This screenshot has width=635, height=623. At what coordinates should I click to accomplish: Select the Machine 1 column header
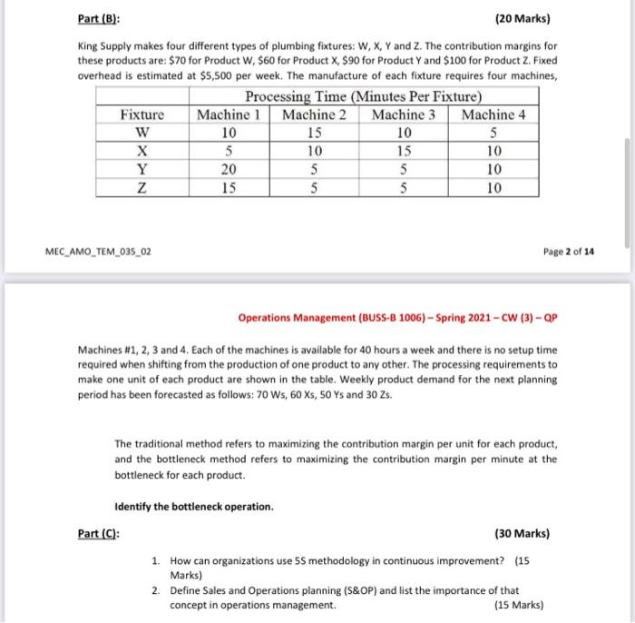(x=229, y=114)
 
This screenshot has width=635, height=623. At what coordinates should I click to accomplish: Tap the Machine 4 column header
(x=493, y=114)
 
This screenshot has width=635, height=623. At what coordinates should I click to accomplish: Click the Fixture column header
(x=142, y=114)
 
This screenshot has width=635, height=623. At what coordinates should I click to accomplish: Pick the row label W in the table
(x=142, y=132)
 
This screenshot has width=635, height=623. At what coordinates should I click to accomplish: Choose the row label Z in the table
(x=142, y=188)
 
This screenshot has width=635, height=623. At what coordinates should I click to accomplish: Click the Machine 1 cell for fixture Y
(x=229, y=169)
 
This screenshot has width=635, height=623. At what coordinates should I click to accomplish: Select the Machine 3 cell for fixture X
(x=404, y=151)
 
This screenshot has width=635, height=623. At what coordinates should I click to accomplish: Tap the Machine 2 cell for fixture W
(x=314, y=132)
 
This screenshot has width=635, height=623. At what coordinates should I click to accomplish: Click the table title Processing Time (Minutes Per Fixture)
(x=363, y=96)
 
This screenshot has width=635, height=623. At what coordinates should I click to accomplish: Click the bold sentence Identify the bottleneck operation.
(x=194, y=506)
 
